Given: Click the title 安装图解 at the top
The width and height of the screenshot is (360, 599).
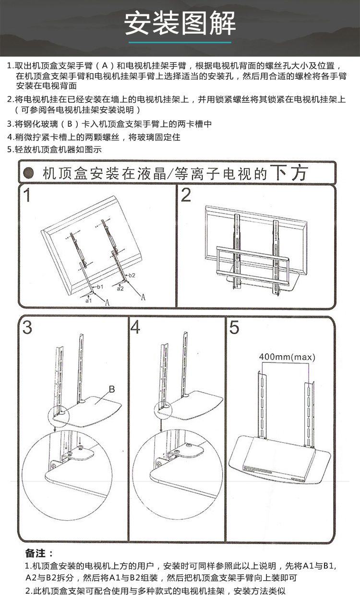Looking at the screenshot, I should click(x=180, y=23).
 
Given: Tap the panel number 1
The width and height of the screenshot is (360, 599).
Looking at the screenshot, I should click(x=28, y=195).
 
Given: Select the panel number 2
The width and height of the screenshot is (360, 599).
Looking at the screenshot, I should click(x=186, y=195).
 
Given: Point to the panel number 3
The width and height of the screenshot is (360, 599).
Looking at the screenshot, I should click(x=27, y=327).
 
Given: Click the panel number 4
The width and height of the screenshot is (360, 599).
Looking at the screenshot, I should click(x=135, y=327).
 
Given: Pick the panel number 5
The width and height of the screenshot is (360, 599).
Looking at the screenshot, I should click(x=234, y=327).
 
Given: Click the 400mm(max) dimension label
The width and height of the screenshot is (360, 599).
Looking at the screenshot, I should click(x=284, y=357).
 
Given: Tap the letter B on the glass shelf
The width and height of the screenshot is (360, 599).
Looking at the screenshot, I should click(x=111, y=388).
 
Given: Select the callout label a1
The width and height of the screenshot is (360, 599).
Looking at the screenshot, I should click(x=88, y=300).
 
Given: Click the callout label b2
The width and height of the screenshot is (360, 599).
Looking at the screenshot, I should click(x=132, y=276).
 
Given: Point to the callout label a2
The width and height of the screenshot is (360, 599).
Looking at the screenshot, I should click(x=120, y=288).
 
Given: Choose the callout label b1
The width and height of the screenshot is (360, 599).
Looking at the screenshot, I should click(x=100, y=287).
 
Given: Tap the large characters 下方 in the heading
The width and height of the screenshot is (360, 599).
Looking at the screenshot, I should click(x=288, y=172).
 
